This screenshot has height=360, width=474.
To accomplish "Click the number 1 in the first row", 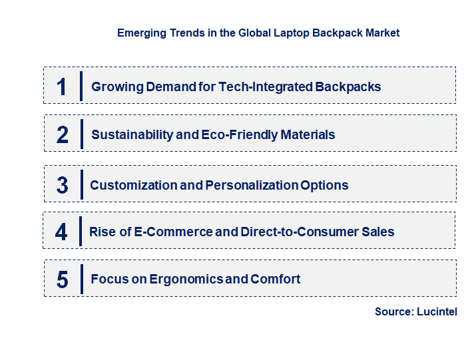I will pos(62,87).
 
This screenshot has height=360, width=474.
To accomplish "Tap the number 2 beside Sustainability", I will pos(63,135).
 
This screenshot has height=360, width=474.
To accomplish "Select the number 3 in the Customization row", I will pos(63,185).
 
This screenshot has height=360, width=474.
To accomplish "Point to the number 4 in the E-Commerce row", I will pos(61,232).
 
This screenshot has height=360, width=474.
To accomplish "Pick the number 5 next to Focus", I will pos(63,279).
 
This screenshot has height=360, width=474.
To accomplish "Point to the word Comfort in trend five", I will pos(275,279).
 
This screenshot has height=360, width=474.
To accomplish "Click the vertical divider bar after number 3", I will pos(81,184).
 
